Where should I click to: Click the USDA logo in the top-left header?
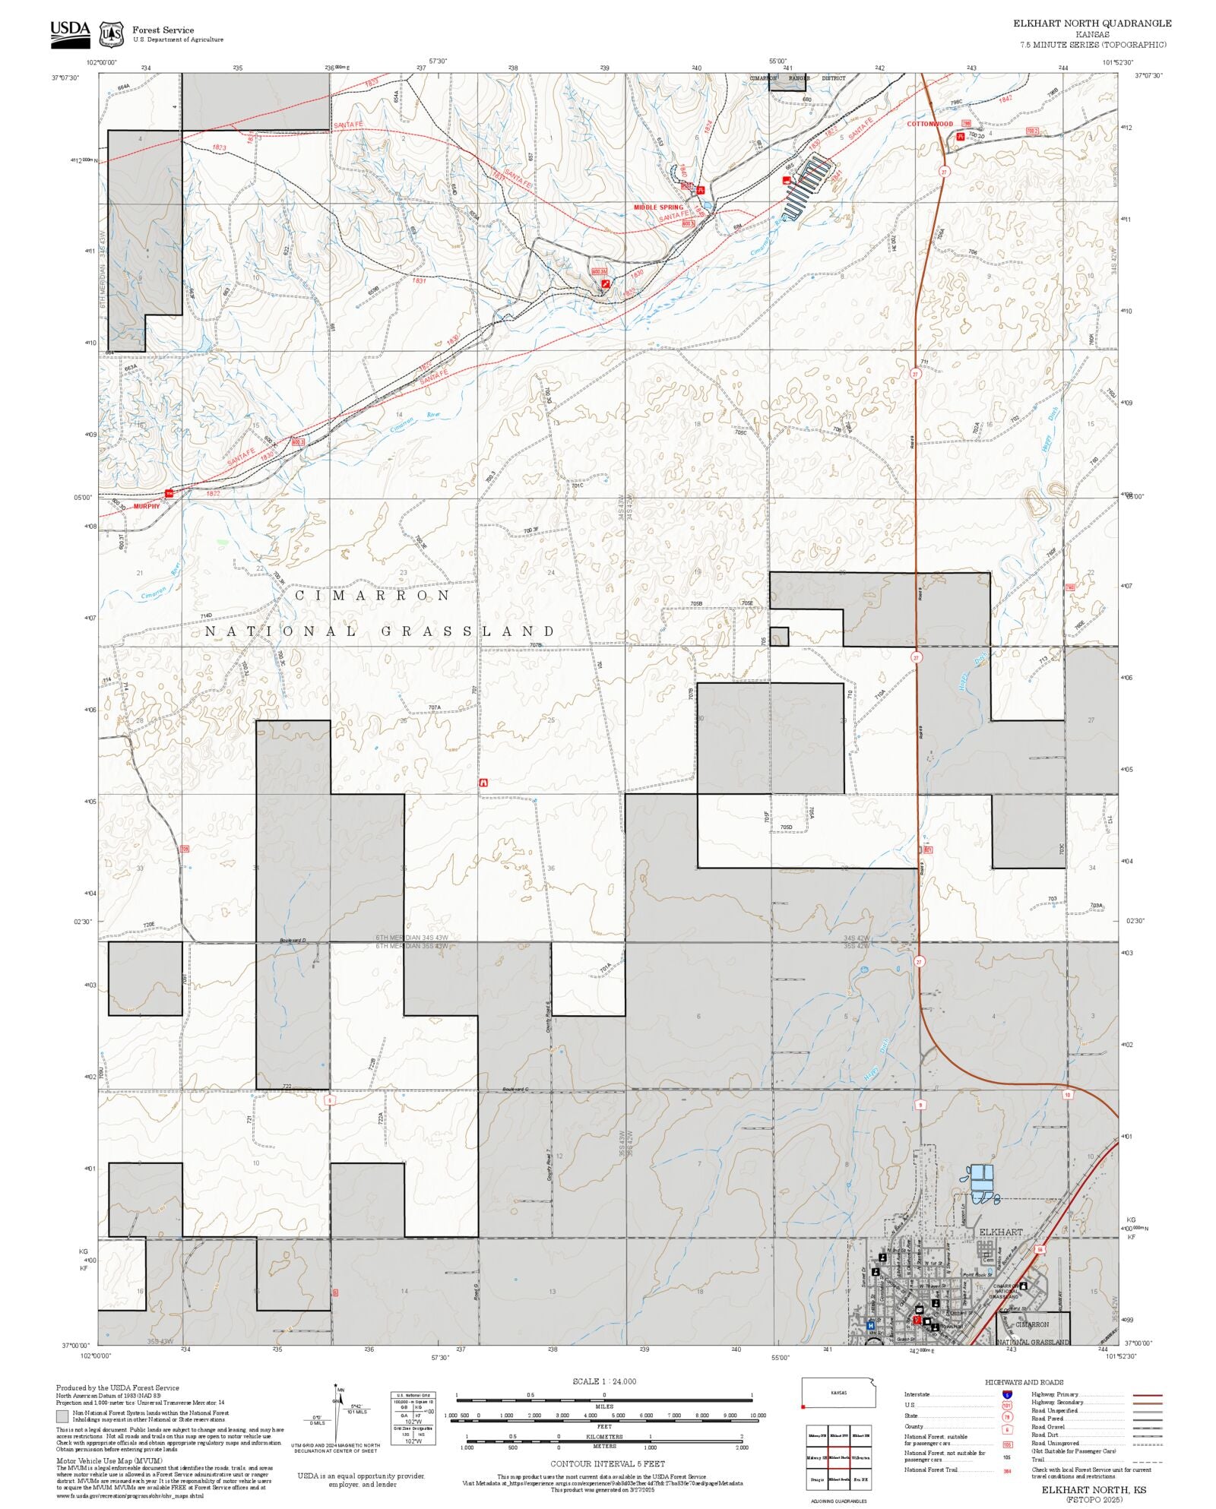[x=70, y=34]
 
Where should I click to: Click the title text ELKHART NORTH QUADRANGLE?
[x=1092, y=24]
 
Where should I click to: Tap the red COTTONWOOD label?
[x=929, y=124]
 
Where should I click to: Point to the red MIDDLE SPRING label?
[x=658, y=207]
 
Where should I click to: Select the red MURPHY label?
[x=147, y=506]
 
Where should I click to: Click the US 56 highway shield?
[x=1039, y=1249]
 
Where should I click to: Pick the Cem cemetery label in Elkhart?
[x=988, y=1260]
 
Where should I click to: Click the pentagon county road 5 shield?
[x=329, y=1099]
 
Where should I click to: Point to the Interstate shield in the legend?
[x=1007, y=1395]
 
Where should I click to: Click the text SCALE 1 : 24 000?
[x=604, y=1381]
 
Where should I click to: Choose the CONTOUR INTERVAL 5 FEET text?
[x=607, y=1463]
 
